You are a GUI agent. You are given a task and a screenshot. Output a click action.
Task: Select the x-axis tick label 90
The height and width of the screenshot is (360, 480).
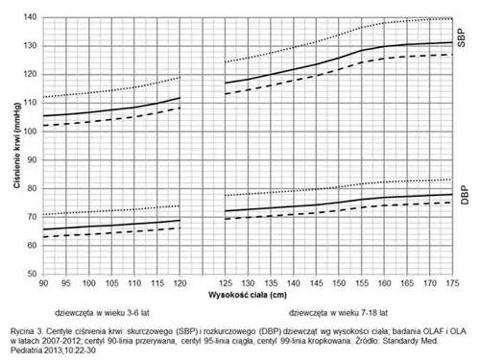(x=43, y=284)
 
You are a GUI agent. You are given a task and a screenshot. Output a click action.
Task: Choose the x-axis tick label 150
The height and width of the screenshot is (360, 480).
(x=338, y=284)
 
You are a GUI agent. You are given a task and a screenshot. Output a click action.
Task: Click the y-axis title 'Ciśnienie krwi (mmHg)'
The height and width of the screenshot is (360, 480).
(x=11, y=144)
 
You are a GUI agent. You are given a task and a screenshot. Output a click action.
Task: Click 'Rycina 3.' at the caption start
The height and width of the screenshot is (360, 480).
(x=29, y=329)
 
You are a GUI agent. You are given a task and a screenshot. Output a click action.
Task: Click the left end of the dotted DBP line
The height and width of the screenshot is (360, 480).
(x=43, y=215)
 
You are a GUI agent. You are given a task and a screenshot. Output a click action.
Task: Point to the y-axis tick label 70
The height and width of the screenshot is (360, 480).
(x=31, y=217)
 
